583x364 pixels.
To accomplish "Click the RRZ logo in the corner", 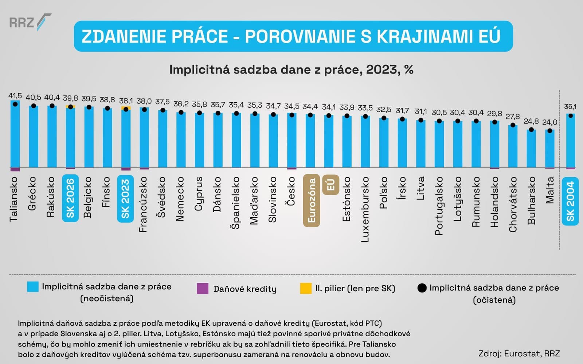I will (x=30, y=23).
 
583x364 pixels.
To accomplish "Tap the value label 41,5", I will (x=15, y=96).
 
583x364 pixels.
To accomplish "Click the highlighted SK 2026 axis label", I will (x=70, y=198).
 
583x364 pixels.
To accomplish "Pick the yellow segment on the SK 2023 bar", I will (x=126, y=108).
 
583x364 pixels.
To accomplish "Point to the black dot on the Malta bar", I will (x=549, y=131).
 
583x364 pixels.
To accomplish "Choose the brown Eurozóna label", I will (x=312, y=201).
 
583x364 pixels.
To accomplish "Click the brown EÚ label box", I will (x=330, y=185).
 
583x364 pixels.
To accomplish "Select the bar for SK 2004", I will (x=570, y=142).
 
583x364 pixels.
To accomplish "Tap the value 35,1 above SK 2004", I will (x=570, y=107).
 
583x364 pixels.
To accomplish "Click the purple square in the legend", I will (x=203, y=289).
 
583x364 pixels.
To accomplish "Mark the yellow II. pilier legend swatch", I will (x=306, y=288).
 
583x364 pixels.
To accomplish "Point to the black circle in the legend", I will (x=422, y=288).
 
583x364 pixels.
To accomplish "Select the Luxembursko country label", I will (x=365, y=210).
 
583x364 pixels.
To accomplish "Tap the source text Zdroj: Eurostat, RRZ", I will (x=519, y=353).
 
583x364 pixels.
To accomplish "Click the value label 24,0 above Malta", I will (x=549, y=122).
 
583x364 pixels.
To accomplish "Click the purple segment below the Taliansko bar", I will (x=15, y=169).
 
